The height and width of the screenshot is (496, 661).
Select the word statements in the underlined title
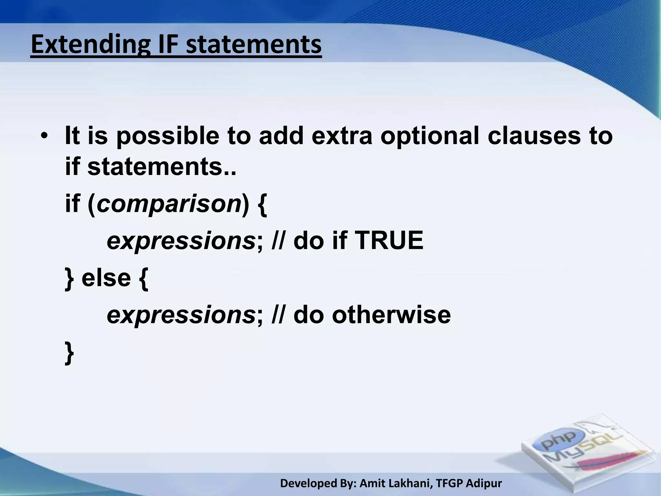(254, 45)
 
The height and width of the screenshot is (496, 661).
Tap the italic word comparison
(168, 205)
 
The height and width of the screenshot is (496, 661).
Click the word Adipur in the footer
(484, 483)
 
